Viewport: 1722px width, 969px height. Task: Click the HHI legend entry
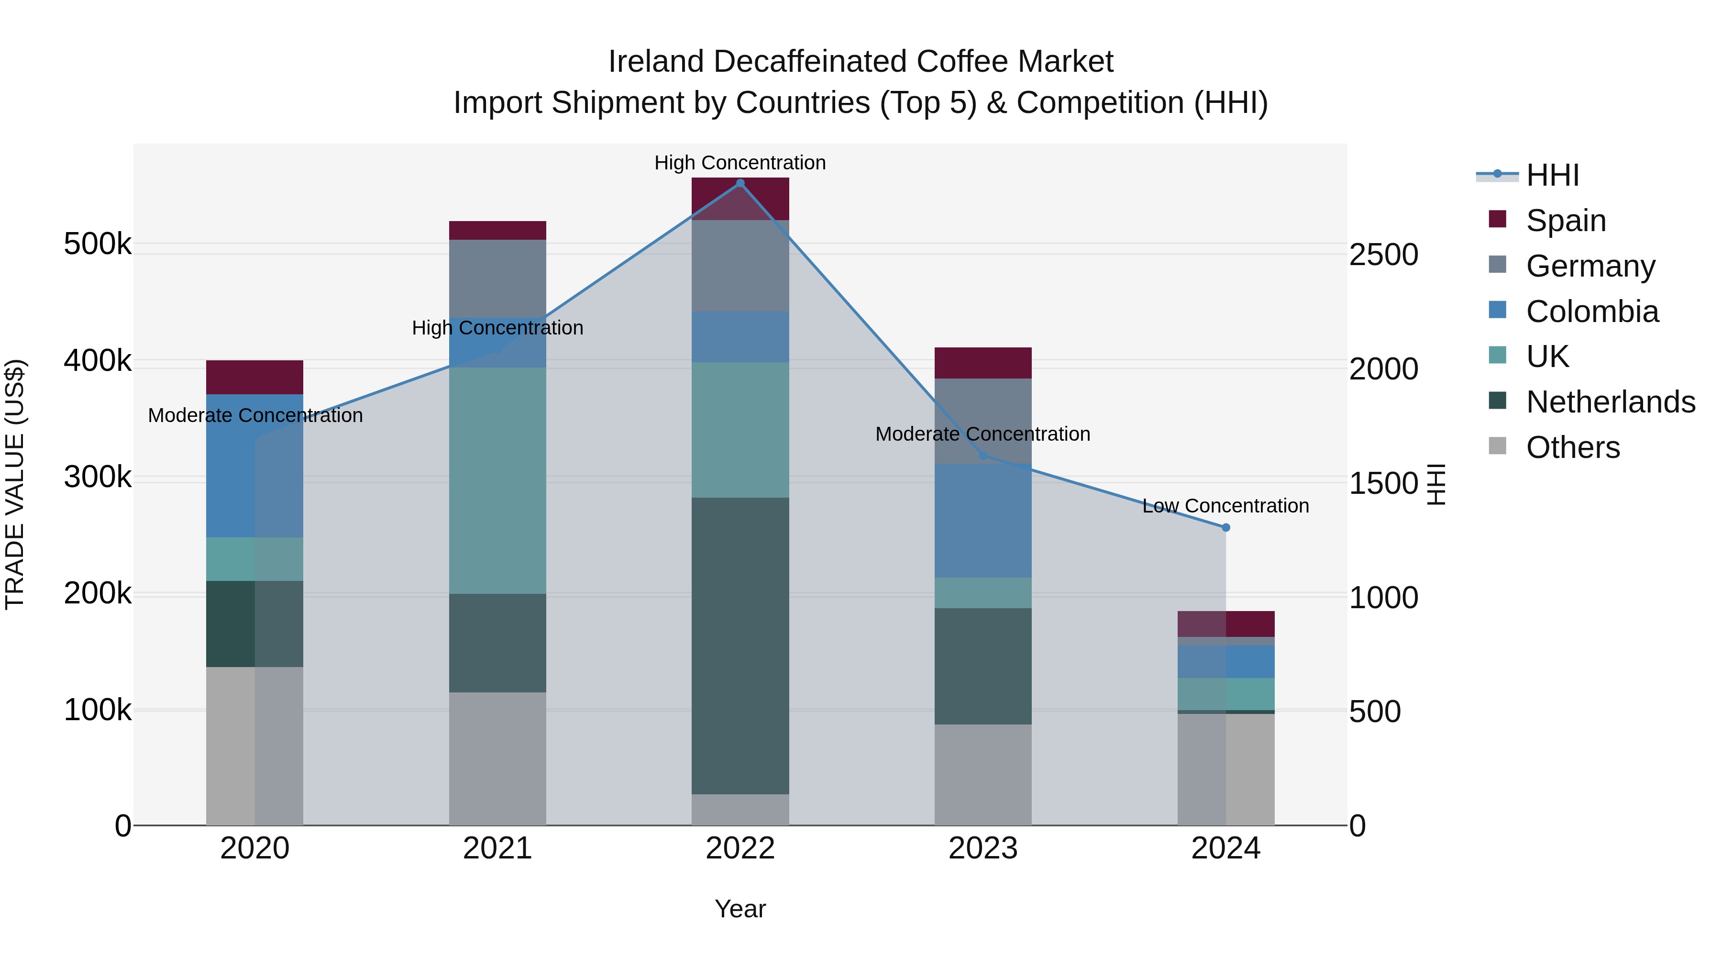1552,175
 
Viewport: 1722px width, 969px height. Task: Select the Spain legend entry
1566,221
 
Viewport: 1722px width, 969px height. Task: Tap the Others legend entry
1573,447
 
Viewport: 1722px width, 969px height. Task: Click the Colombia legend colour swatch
1497,310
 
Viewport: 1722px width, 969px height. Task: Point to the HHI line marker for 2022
740,183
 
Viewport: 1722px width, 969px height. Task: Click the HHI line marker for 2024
1226,528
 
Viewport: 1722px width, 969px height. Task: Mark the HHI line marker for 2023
982,456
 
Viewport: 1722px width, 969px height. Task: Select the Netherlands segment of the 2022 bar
740,646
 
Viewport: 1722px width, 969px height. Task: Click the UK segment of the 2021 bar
497,480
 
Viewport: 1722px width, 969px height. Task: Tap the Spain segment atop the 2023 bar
982,363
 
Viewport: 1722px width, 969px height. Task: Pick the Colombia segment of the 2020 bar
254,466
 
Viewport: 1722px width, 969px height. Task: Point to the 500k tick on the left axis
98,244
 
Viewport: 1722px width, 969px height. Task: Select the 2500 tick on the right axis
1383,255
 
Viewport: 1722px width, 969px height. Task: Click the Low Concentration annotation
1225,506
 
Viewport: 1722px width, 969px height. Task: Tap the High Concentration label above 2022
740,163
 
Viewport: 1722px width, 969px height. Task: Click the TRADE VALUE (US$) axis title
15,484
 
